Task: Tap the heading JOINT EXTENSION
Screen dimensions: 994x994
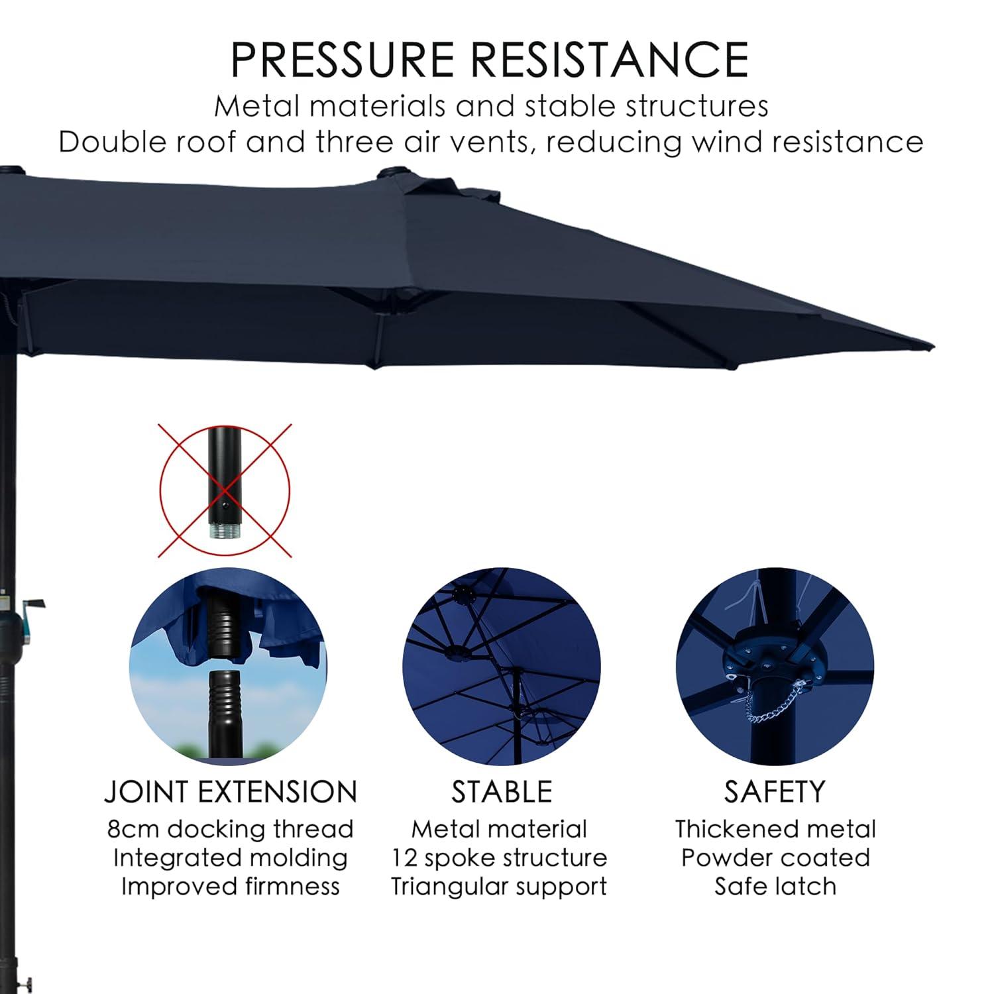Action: coord(231,792)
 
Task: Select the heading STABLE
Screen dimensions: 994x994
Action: coord(502,792)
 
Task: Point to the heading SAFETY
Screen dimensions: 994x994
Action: coord(775,792)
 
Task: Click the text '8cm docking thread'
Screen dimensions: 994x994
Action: coord(231,829)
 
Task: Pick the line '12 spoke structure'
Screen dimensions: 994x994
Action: coord(499,857)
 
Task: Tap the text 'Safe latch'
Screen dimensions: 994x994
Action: coord(775,886)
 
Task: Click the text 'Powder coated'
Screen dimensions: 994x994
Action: coord(775,857)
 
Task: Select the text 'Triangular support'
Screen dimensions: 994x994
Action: coord(499,886)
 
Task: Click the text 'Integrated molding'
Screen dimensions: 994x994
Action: coord(231,857)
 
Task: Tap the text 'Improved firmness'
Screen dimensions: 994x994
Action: coord(231,886)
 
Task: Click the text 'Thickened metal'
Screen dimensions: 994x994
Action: coord(775,829)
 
